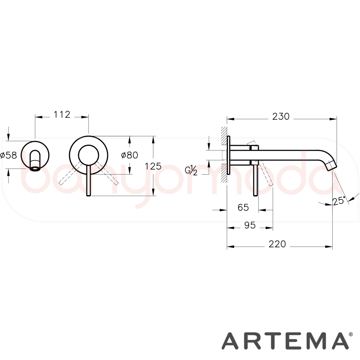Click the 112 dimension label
coord(62,114)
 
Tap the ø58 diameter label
coord(9,156)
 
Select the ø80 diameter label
coord(130,155)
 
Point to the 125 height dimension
coord(153,166)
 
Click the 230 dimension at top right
coord(281,117)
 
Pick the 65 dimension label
coord(243,207)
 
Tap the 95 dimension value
coord(250,225)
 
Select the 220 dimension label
coord(277,244)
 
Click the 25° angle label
coord(339,201)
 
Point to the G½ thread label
coord(191,171)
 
